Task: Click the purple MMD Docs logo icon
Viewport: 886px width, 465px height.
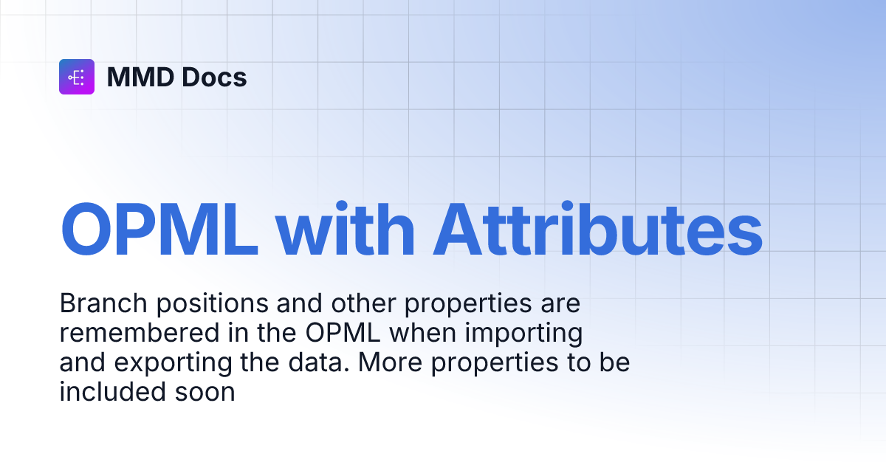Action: (77, 77)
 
